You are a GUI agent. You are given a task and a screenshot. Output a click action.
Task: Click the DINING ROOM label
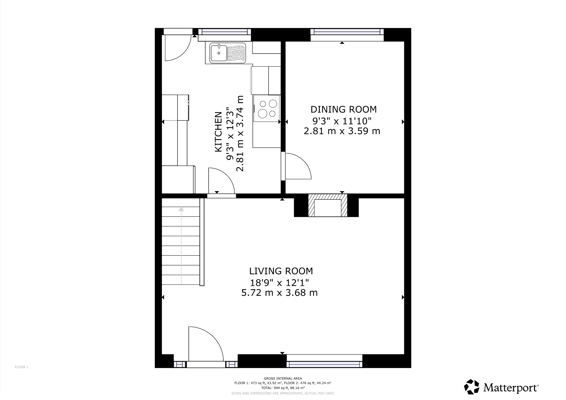click(x=344, y=109)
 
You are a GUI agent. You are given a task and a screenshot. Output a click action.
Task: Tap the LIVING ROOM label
click(x=281, y=271)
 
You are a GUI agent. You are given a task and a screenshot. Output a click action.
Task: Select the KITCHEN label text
click(x=218, y=131)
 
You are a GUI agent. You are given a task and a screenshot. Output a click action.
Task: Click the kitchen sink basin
click(x=219, y=53)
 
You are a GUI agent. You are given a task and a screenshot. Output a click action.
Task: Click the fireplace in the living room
click(x=328, y=207)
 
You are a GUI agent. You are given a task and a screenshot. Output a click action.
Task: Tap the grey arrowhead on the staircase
click(x=181, y=209)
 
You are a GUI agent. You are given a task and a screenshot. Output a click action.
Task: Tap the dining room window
click(x=347, y=32)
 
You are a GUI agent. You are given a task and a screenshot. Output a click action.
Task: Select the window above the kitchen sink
click(x=224, y=32)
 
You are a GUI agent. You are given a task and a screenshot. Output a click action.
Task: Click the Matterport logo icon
click(x=471, y=387)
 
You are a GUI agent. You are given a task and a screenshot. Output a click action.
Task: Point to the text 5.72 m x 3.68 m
click(x=279, y=293)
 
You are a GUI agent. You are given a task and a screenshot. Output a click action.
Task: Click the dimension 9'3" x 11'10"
click(x=342, y=121)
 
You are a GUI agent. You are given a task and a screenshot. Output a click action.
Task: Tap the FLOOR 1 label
click(x=22, y=367)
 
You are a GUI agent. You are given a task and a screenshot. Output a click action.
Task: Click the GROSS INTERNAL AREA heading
click(x=283, y=378)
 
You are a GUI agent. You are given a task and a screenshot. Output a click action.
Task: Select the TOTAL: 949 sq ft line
click(x=283, y=388)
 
